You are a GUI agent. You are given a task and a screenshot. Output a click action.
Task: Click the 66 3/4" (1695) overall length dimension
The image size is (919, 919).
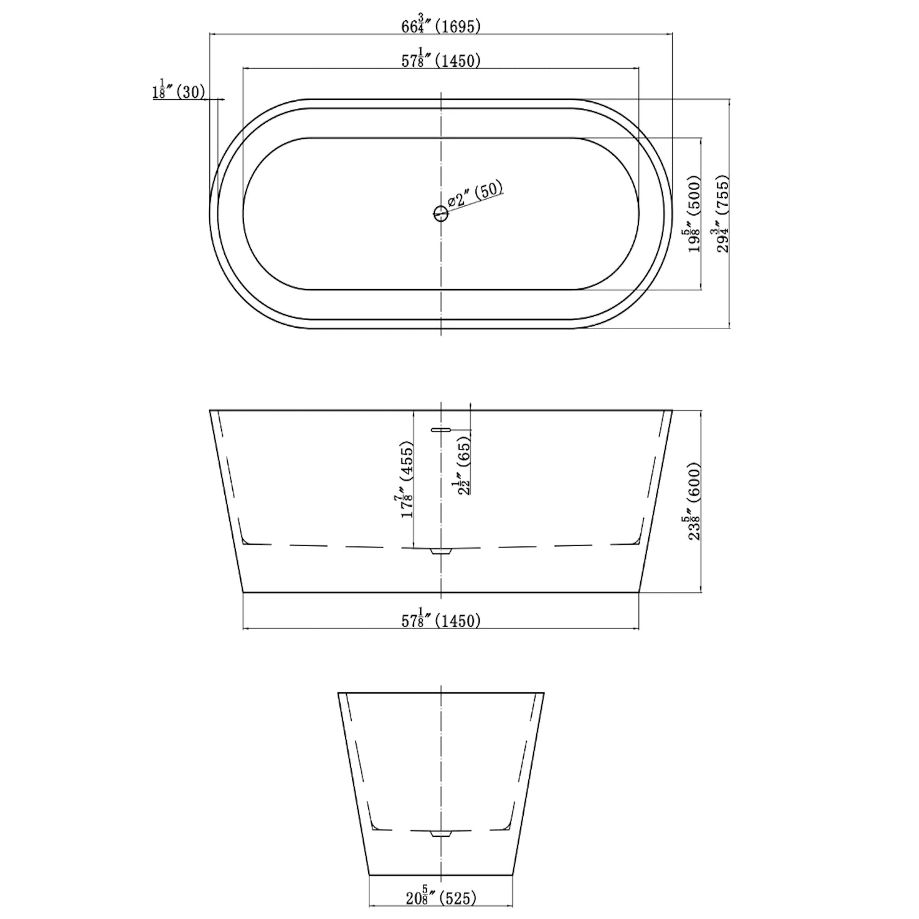pos(441,26)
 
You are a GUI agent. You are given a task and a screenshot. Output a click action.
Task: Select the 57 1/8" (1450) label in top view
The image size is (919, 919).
pos(441,59)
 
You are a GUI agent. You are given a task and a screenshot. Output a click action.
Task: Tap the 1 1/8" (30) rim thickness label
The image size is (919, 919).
pos(179,89)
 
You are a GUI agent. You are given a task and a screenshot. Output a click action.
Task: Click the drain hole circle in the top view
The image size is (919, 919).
pos(441,214)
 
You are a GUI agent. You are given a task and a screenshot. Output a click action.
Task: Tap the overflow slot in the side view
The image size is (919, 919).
pos(441,430)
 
